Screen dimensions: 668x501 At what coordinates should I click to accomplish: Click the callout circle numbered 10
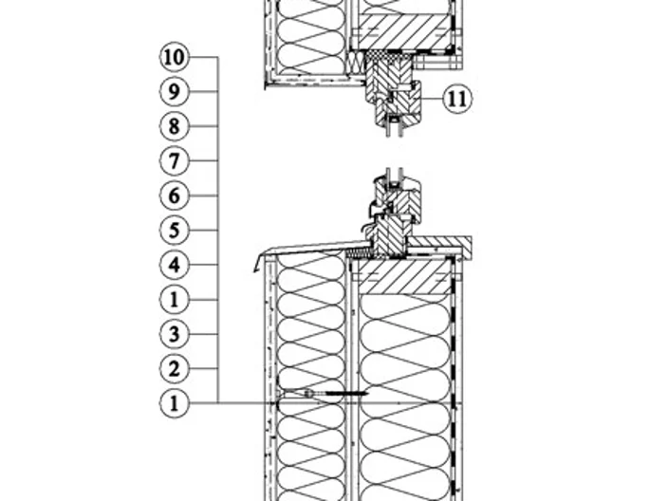(174, 57)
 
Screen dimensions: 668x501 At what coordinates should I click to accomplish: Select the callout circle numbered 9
(174, 92)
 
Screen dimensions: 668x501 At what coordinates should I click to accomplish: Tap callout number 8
(174, 126)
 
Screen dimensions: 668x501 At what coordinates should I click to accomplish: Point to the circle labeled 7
(174, 160)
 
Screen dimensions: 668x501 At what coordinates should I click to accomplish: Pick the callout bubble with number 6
(174, 195)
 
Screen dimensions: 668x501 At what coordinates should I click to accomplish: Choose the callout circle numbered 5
(174, 230)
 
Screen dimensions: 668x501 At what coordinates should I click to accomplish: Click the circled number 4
(174, 265)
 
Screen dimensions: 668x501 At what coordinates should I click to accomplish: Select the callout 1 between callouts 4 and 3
(174, 300)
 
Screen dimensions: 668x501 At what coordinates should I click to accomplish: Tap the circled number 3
(174, 334)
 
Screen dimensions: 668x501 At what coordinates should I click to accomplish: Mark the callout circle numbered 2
(174, 368)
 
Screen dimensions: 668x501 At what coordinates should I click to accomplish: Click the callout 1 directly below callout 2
(174, 403)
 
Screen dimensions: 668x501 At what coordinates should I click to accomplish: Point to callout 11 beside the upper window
(457, 99)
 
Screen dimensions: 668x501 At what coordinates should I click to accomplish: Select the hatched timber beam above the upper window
(404, 31)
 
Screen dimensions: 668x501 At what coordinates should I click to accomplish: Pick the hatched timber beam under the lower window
(404, 277)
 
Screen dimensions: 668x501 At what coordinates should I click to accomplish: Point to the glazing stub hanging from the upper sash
(394, 128)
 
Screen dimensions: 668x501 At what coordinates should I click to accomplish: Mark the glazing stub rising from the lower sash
(394, 176)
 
